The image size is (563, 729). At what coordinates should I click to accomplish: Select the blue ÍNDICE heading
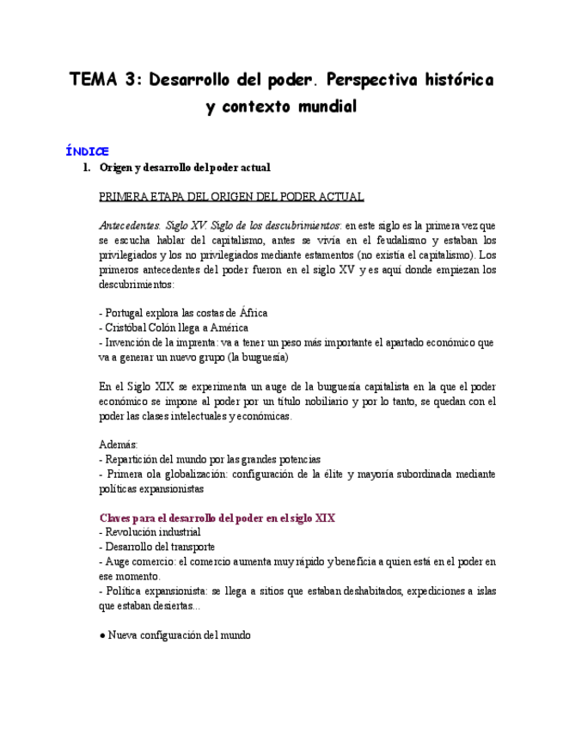(87, 151)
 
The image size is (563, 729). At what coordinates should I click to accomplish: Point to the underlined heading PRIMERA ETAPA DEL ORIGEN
(231, 196)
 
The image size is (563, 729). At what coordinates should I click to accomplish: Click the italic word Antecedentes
(129, 225)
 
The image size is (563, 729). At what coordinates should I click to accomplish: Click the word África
(254, 313)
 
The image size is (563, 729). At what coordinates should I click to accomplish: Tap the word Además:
(119, 444)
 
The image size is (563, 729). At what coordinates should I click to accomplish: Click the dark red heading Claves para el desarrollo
(217, 518)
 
